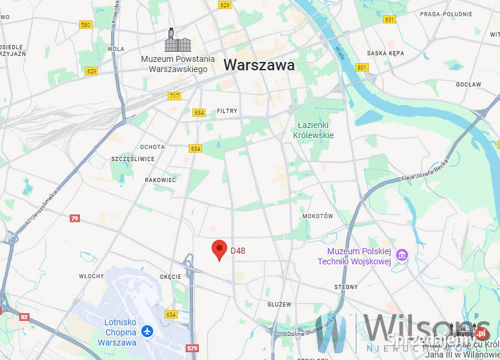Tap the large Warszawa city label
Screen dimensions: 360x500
pyautogui.click(x=259, y=65)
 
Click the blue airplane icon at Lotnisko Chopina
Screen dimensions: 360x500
pyautogui.click(x=147, y=331)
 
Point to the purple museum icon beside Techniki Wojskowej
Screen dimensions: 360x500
pyautogui.click(x=402, y=256)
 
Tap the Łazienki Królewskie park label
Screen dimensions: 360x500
pyautogui.click(x=313, y=130)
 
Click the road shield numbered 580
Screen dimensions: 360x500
pyautogui.click(x=85, y=25)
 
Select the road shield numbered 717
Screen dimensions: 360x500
pyautogui.click(x=174, y=96)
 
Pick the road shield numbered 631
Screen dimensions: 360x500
pyautogui.click(x=389, y=19)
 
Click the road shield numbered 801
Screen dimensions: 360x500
pyautogui.click(x=361, y=67)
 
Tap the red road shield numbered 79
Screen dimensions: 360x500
pyautogui.click(x=75, y=218)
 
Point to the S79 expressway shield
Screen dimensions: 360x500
pyautogui.click(x=192, y=348)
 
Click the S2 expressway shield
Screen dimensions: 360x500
pyautogui.click(x=24, y=317)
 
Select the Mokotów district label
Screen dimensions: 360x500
pyautogui.click(x=317, y=216)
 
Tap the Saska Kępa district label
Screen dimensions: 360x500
pyautogui.click(x=385, y=53)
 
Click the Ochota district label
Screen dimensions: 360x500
pyautogui.click(x=152, y=147)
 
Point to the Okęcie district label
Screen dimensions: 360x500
pyautogui.click(x=171, y=276)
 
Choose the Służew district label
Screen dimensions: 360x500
pyautogui.click(x=279, y=305)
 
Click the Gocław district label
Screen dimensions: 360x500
pyautogui.click(x=468, y=85)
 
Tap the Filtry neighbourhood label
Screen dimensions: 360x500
pyautogui.click(x=227, y=111)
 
